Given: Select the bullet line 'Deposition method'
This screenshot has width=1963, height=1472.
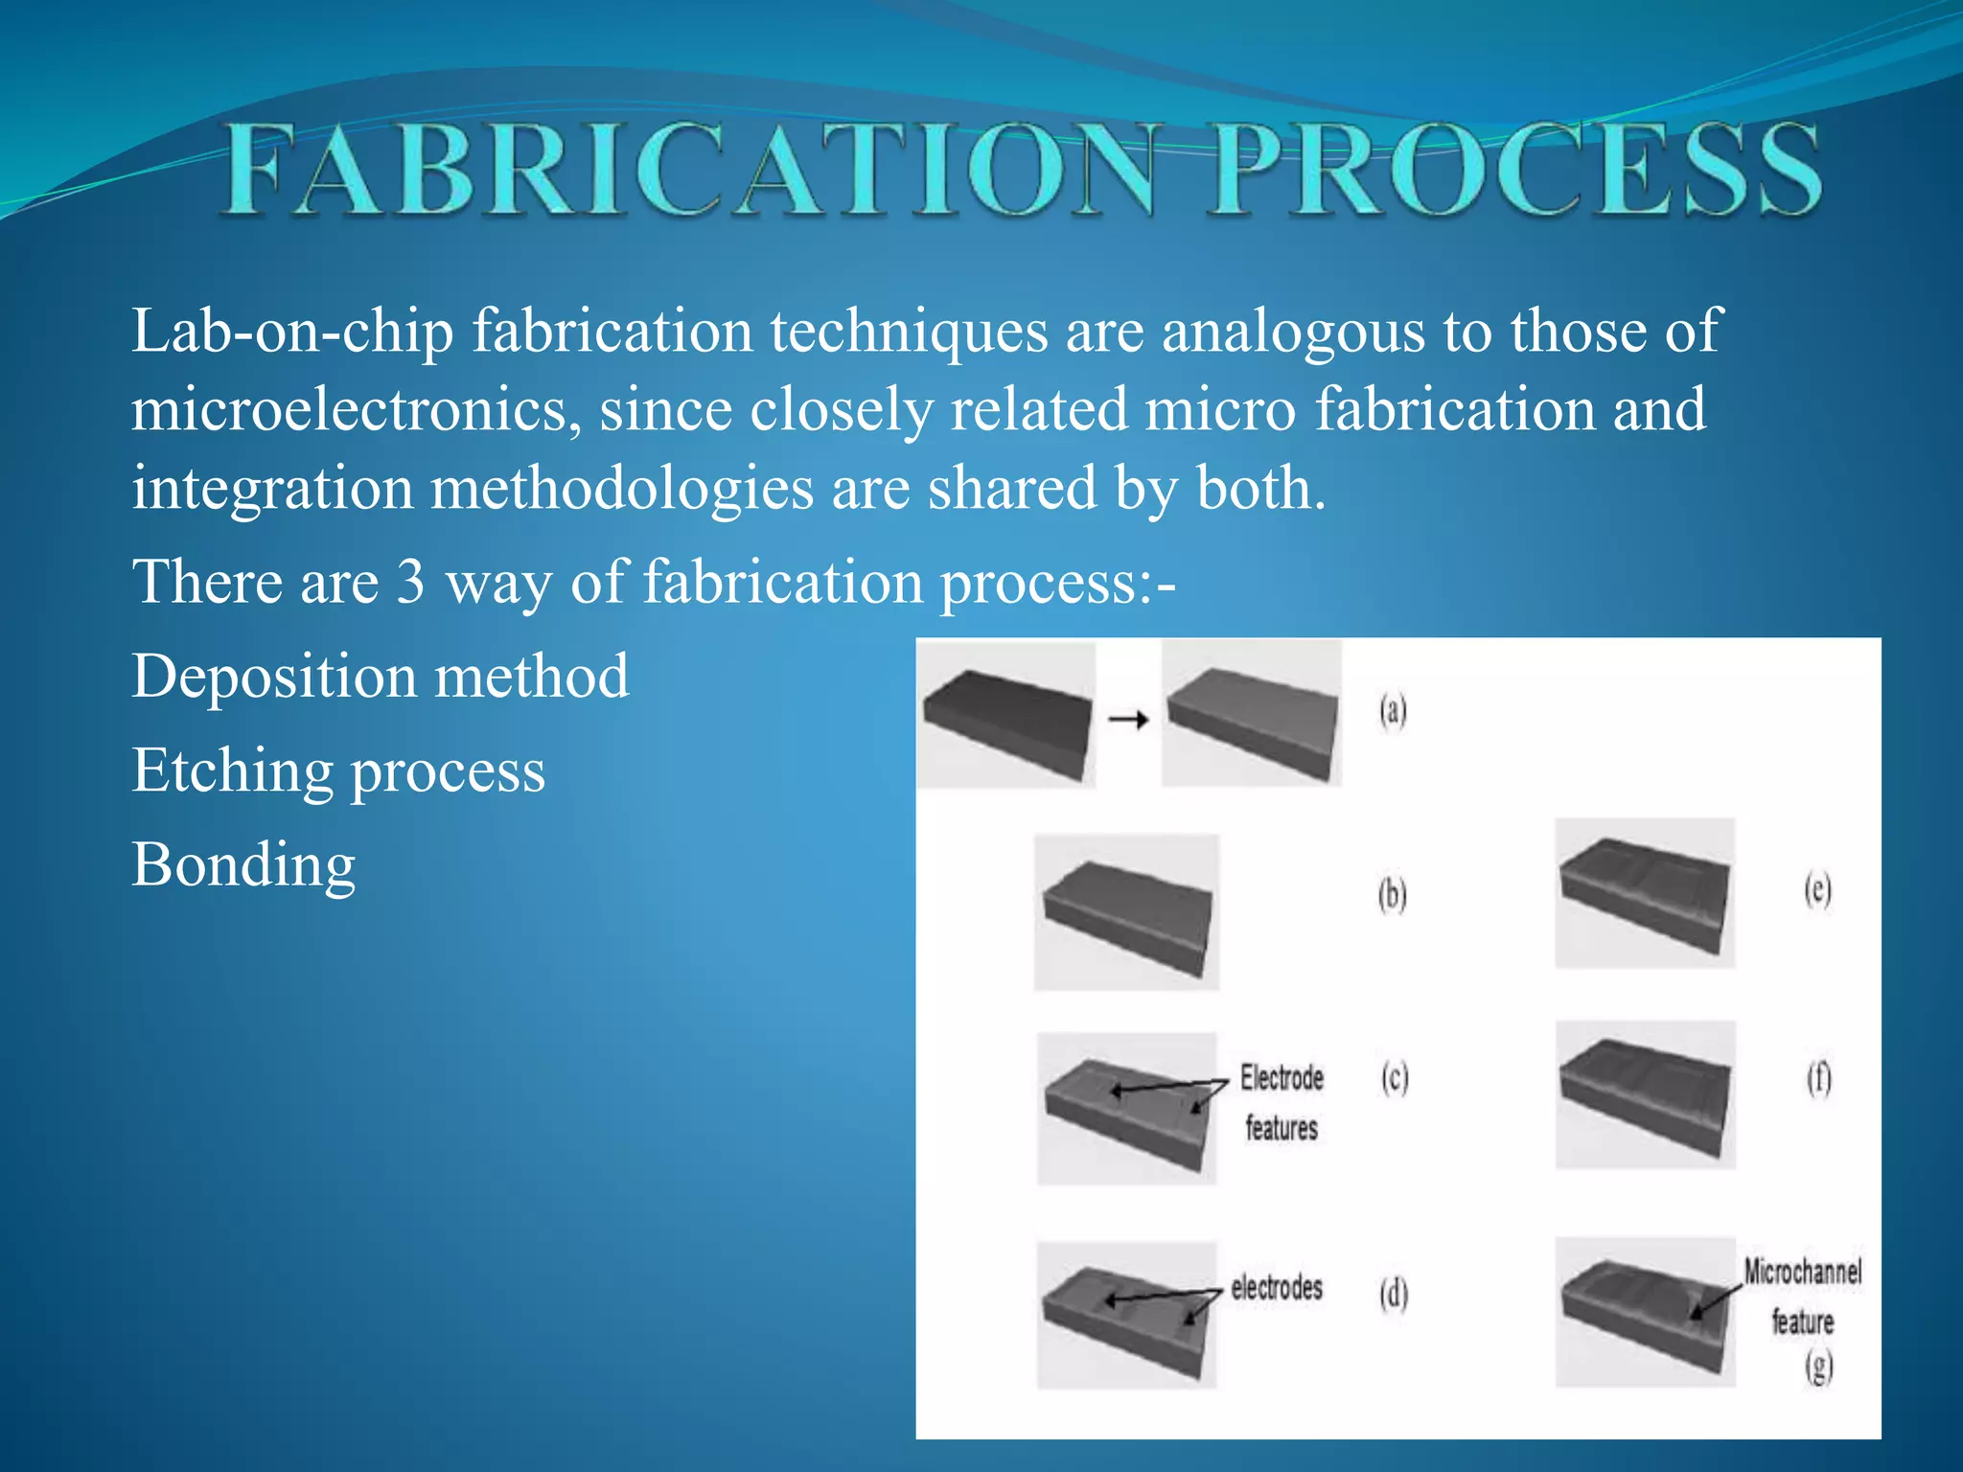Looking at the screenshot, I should click(x=381, y=677).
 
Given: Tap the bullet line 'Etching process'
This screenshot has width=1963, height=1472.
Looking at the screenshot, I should click(x=338, y=770).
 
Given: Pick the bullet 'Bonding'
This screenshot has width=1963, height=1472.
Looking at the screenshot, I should click(x=243, y=864).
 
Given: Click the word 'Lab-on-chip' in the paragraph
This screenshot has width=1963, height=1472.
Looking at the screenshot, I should click(x=292, y=332).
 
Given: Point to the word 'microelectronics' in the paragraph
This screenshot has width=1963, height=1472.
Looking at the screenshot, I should click(x=355, y=410).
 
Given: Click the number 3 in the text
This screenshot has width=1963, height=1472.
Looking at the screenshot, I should click(x=410, y=582).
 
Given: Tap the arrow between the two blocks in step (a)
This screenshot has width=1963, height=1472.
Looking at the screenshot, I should click(x=1128, y=719).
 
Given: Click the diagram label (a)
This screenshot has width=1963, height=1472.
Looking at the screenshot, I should click(x=1393, y=711).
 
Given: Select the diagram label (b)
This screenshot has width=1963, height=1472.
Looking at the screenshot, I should click(x=1392, y=895).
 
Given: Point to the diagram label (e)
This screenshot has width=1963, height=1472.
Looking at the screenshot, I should click(x=1817, y=889).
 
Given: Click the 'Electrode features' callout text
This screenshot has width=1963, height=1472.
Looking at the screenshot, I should click(x=1282, y=1102).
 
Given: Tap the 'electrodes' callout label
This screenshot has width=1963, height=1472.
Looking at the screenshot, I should click(x=1277, y=1287).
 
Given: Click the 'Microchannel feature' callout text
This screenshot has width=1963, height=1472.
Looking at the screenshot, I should click(x=1802, y=1296).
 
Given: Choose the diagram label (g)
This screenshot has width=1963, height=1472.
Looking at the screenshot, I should click(x=1818, y=1367).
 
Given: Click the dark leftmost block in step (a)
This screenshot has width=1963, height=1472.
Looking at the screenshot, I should click(x=1006, y=715).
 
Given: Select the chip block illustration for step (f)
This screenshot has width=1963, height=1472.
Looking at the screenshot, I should click(x=1645, y=1094).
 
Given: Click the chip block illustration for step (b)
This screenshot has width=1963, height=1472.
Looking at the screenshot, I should click(x=1127, y=912).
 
